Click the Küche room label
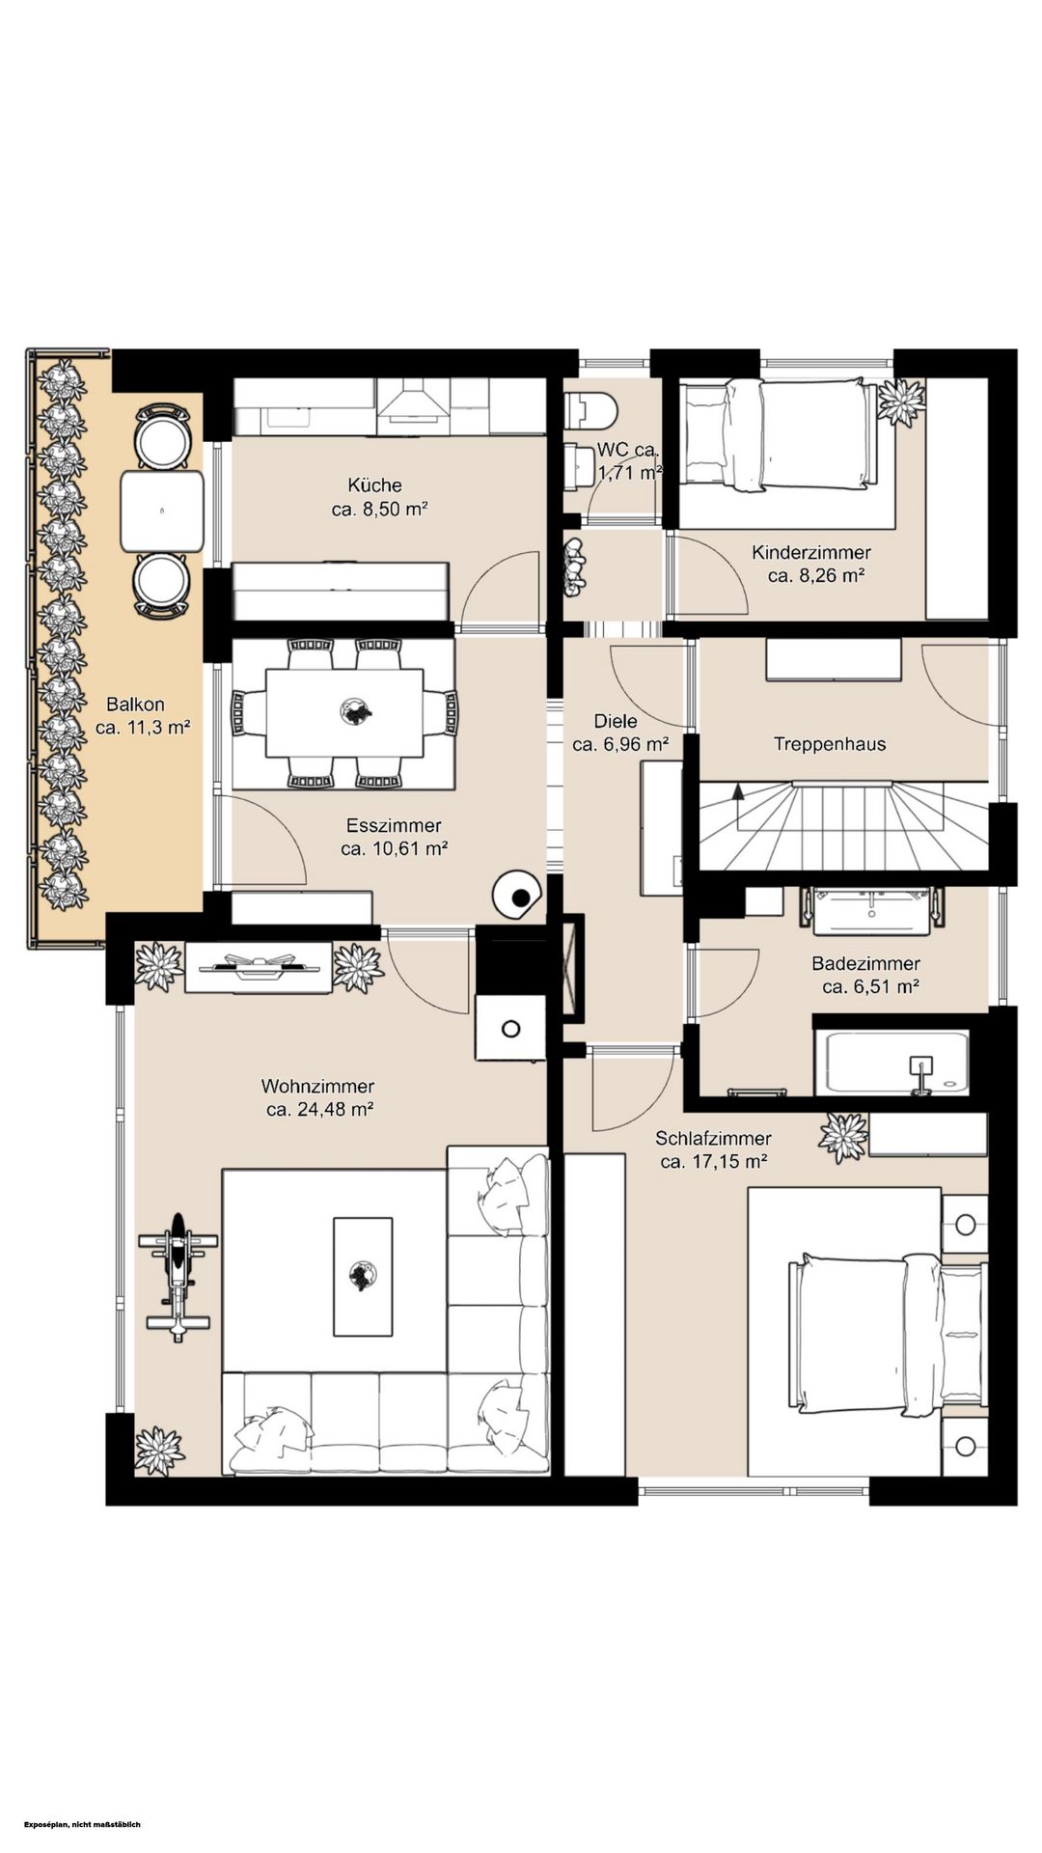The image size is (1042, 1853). (x=375, y=485)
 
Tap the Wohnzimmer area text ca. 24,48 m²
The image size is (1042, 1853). (x=320, y=1110)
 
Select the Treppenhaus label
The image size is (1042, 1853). (x=830, y=744)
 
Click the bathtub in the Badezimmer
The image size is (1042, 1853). (x=891, y=1063)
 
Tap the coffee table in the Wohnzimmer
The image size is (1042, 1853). (x=363, y=1277)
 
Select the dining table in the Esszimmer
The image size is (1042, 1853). (x=343, y=713)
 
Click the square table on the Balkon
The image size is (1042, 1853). (x=162, y=511)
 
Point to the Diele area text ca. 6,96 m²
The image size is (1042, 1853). (x=620, y=744)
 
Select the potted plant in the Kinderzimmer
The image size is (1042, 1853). (x=902, y=402)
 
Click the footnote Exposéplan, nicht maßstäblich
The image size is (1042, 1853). (x=84, y=1824)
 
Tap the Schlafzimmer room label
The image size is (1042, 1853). (x=713, y=1139)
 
